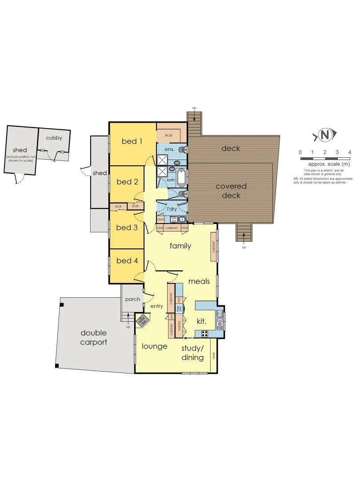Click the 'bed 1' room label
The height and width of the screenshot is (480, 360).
tap(132, 142)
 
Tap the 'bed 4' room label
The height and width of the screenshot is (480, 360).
tap(127, 261)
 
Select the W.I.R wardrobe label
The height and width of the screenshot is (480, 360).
tap(169, 135)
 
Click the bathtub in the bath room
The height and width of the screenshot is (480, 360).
tap(181, 178)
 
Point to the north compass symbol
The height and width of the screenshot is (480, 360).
tap(325, 135)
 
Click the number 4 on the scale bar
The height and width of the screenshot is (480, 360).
tap(350, 152)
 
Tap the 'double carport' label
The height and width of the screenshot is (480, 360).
tap(94, 337)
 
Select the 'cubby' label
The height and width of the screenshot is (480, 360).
tap(54, 138)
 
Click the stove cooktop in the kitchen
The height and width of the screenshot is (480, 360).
tap(204, 333)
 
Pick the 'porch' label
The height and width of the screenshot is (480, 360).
tap(132, 299)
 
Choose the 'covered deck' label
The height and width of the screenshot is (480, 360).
tap(231, 191)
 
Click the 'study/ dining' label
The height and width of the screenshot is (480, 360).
tap(192, 353)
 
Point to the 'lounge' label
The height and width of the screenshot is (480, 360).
tap(154, 347)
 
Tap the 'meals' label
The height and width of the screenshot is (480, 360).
tap(199, 281)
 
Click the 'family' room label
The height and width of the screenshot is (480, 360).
tap(180, 246)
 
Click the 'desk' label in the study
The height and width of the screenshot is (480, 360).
tap(214, 356)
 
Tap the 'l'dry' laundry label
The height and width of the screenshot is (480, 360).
tap(172, 209)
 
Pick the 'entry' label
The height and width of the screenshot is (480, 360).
tap(157, 306)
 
